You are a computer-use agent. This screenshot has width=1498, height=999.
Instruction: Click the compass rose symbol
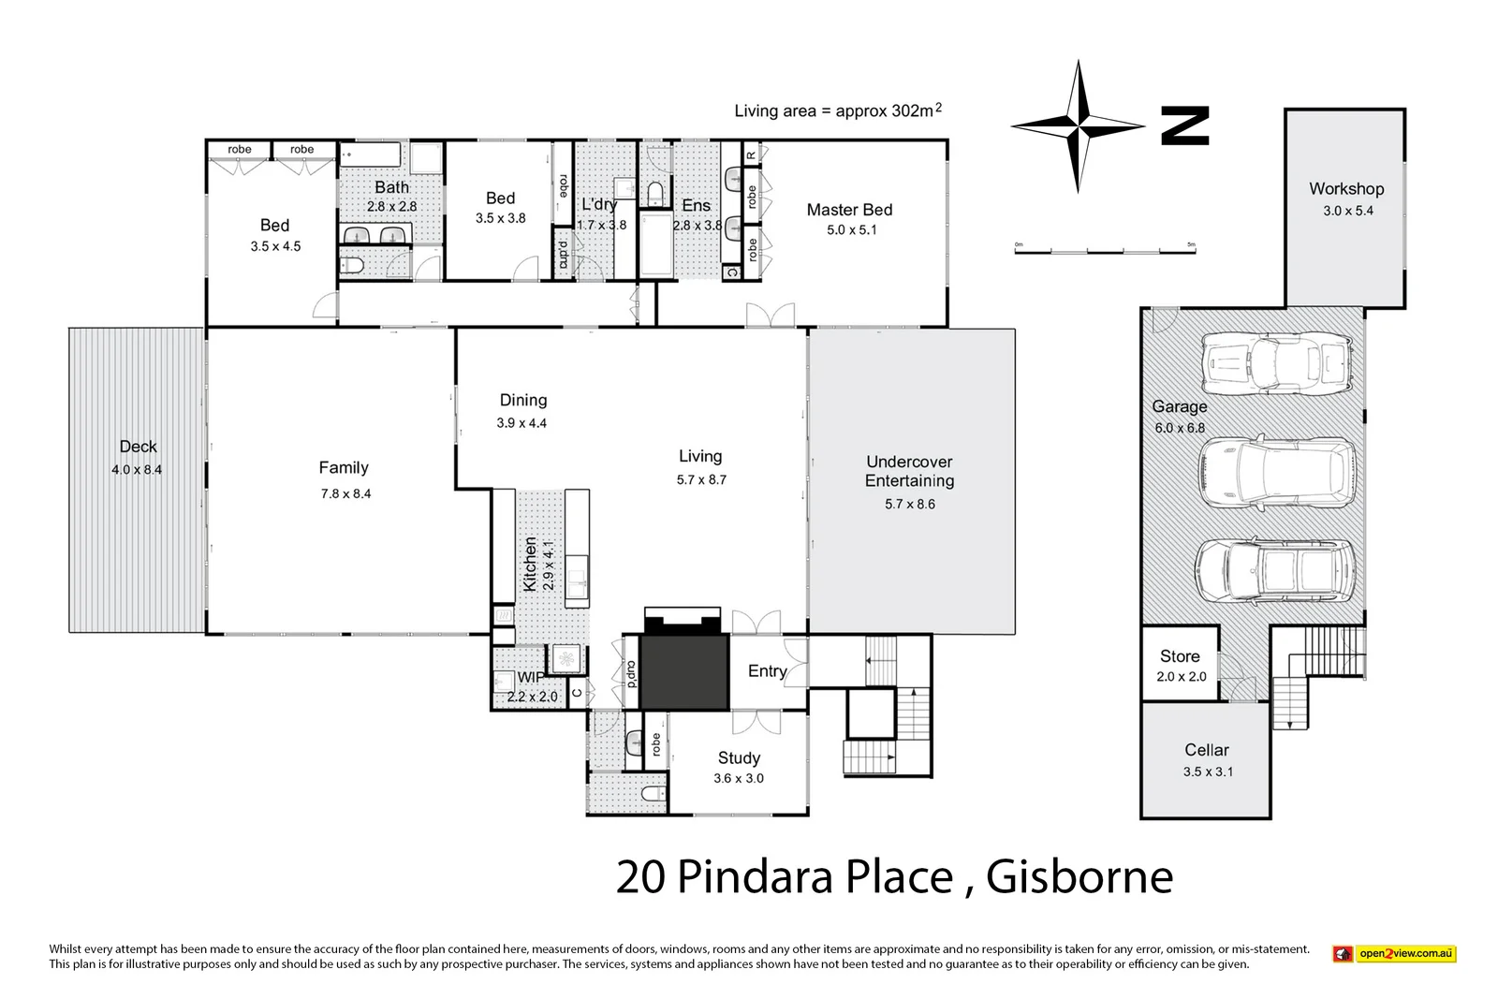click(1079, 125)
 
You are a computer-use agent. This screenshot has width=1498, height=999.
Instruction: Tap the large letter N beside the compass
click(1185, 125)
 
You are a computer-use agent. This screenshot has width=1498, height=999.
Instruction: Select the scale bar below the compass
click(1106, 250)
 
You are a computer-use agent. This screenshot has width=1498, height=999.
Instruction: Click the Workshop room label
click(1346, 189)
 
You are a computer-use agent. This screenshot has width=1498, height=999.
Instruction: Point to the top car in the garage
click(1277, 364)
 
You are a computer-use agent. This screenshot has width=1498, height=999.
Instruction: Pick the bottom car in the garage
click(1274, 570)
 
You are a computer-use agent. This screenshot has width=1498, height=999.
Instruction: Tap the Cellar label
click(1206, 750)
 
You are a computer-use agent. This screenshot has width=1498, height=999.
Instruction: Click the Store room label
click(1180, 656)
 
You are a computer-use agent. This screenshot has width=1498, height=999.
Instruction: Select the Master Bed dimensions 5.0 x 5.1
click(851, 230)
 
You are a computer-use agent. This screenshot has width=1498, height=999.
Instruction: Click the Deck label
click(138, 447)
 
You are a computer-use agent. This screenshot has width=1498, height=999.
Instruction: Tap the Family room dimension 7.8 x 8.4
click(345, 493)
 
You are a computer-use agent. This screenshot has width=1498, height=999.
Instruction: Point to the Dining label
click(522, 400)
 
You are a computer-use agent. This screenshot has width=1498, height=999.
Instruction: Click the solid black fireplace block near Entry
click(684, 671)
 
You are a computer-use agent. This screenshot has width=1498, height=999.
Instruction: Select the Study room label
click(739, 757)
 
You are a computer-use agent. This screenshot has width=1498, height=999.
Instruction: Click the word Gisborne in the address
click(1079, 877)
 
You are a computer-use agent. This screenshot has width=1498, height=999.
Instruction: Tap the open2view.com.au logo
click(1394, 954)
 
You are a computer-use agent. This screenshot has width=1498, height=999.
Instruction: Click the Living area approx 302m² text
click(837, 110)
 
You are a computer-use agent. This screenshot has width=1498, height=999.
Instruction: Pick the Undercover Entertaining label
click(909, 471)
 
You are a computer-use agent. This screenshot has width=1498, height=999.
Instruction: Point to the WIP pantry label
click(530, 678)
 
